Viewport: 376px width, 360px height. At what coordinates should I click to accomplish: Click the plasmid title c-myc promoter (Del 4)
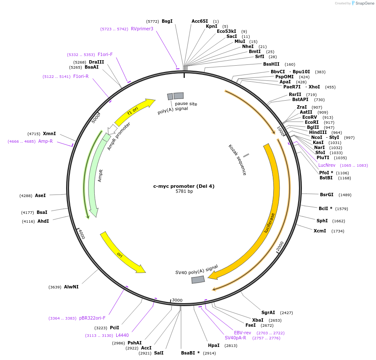184,186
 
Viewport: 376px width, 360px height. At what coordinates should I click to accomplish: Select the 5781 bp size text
184,192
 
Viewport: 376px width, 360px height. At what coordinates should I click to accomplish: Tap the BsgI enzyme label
167,21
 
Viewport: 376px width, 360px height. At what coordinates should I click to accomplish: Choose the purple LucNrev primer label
327,165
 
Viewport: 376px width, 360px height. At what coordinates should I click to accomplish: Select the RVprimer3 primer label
142,29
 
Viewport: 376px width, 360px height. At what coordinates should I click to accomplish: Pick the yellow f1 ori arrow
133,111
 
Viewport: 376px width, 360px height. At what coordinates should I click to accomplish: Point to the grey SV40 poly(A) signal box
198,280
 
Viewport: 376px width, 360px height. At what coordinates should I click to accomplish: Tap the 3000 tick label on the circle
177,300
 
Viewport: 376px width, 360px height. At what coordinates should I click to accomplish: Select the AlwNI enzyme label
71,287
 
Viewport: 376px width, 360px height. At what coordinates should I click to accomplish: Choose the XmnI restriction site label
49,133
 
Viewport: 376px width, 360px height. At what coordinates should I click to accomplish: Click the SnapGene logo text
364,3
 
